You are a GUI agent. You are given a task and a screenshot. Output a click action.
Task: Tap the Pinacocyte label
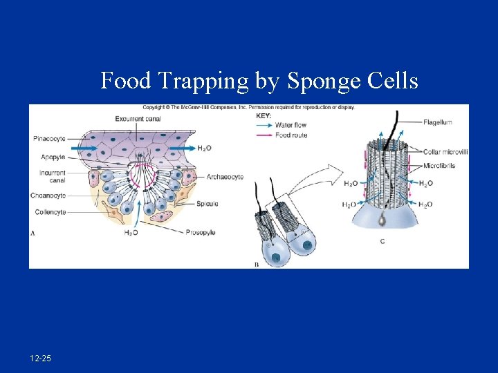[49, 139]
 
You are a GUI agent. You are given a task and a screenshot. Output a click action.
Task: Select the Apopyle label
[53, 157]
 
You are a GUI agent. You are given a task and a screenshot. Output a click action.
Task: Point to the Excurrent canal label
[139, 119]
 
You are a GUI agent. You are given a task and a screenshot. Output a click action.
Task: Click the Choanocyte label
[48, 195]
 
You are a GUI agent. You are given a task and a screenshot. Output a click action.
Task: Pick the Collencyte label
[49, 212]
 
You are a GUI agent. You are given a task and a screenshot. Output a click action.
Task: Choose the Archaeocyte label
[225, 177]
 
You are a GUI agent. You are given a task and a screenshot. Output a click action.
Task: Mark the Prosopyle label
[201, 233]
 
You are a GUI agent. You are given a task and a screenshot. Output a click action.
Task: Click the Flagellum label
[438, 122]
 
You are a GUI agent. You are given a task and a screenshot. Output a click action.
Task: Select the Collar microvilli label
[446, 152]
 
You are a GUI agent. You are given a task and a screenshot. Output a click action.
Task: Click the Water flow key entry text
[290, 125]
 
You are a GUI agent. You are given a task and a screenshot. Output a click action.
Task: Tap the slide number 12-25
[40, 358]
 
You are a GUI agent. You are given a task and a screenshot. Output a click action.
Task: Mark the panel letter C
[382, 241]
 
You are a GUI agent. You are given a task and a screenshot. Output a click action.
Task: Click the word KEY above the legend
[264, 116]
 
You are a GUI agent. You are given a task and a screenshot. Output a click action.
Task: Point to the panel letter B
[257, 265]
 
